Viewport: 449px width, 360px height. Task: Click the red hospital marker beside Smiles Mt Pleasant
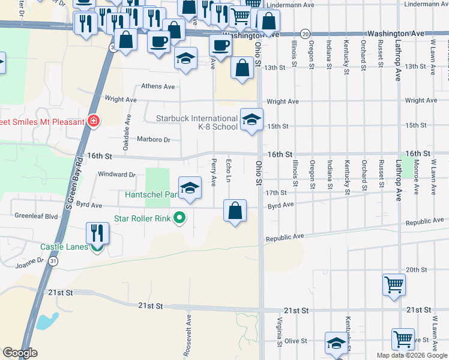click(93, 122)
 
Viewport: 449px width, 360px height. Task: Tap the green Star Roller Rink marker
click(179, 218)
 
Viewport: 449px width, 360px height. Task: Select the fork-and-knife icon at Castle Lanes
click(96, 233)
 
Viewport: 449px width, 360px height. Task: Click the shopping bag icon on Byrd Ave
click(235, 211)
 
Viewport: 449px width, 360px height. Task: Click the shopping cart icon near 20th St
click(394, 284)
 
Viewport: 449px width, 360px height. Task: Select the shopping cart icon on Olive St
click(402, 339)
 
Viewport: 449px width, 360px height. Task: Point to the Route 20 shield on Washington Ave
click(306, 34)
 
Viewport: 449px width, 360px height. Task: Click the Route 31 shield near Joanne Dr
click(54, 262)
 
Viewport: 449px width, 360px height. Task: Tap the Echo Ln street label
click(228, 171)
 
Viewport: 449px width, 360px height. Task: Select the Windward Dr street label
click(116, 175)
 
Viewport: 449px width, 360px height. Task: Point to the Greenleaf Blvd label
click(35, 215)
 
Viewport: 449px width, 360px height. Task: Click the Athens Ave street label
click(157, 86)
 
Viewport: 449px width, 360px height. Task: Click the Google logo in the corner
click(20, 353)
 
